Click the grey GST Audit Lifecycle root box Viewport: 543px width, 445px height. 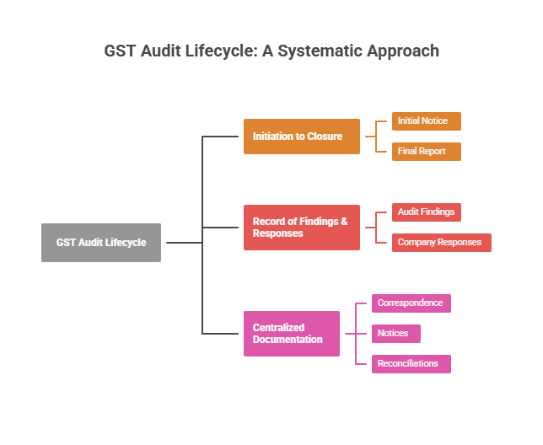[x=101, y=243]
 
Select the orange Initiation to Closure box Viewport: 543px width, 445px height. [x=302, y=137]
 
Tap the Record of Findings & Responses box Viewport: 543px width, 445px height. [x=302, y=228]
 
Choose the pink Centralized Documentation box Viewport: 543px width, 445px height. [x=292, y=334]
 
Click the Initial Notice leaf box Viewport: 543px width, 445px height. [x=426, y=121]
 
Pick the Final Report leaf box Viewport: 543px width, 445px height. [x=426, y=152]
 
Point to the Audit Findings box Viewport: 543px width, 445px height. [x=426, y=212]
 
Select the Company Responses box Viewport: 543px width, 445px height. [x=441, y=243]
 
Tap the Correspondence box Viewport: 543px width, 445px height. [x=411, y=303]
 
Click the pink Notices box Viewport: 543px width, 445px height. [x=395, y=334]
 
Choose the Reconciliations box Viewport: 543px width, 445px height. [x=411, y=364]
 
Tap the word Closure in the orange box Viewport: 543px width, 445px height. [x=325, y=137]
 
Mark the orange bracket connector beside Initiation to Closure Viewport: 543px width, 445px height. [x=376, y=137]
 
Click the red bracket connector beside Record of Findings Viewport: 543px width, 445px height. [x=376, y=228]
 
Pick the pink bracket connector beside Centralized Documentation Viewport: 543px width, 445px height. [x=356, y=334]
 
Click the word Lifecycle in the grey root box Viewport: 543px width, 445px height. [x=126, y=243]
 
